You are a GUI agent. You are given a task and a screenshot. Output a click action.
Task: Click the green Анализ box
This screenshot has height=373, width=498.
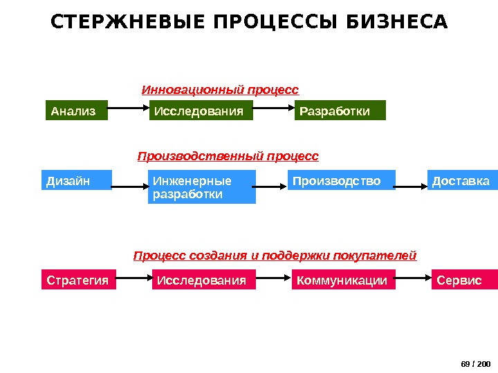coord(77,111)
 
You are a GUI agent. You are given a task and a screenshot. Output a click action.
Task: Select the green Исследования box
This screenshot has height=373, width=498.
coord(201,111)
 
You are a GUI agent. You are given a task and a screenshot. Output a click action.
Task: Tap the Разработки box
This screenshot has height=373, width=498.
coord(340,111)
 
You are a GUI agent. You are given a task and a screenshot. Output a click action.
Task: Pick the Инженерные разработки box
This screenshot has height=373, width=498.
coord(202,187)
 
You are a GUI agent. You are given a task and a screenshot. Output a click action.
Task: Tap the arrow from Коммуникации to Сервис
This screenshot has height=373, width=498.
coord(413,279)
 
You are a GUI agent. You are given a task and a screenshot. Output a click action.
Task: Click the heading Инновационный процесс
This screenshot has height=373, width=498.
coord(220,90)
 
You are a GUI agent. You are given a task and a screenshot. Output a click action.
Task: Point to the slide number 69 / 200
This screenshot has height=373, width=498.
coord(475,363)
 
